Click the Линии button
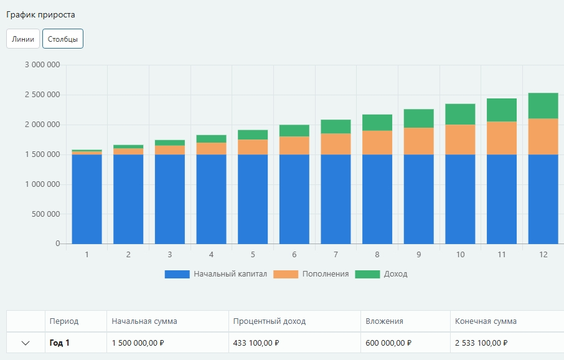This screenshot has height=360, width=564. pos(23,39)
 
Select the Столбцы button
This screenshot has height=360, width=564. pos(63,39)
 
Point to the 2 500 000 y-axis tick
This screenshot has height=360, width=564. pos(42,95)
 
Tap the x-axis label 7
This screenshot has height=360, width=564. pos(336,255)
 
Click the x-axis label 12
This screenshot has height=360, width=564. pos(543,255)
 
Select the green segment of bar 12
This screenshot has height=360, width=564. pos(543,106)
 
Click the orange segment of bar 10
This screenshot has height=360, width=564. pos(460,140)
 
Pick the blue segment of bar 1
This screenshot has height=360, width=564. pos(87,199)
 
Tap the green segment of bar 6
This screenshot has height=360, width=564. pos(294,131)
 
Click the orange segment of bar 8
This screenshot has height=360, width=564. pos(377,143)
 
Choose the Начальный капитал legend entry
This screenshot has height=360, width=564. pos(216,274)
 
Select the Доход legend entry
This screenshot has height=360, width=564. pos(382,274)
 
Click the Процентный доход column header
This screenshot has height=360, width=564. pos(270,321)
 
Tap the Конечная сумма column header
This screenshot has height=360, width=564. pos(486,321)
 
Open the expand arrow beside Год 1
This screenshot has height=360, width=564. pos(26,343)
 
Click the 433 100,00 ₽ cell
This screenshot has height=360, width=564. pos(256,343)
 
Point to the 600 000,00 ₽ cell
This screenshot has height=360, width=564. pos(389,343)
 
